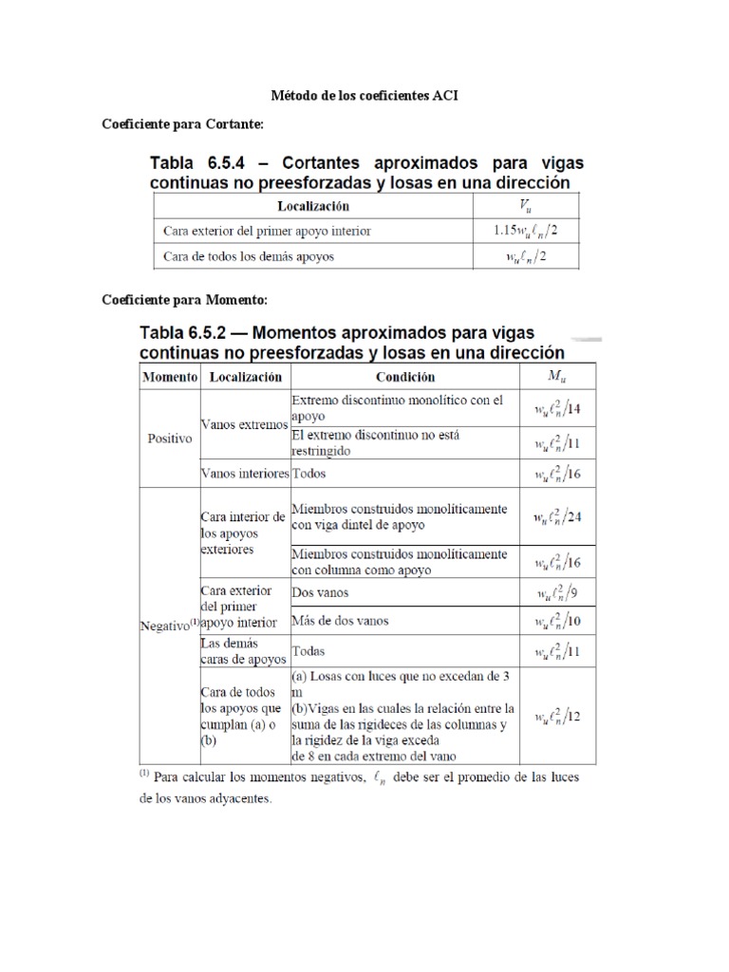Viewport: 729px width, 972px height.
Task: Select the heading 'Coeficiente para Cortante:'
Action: (x=181, y=124)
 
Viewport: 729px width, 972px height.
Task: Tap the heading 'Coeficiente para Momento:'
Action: (x=184, y=300)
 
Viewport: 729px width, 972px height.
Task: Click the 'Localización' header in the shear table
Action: (x=313, y=205)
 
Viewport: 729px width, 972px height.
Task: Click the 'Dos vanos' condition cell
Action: (x=321, y=592)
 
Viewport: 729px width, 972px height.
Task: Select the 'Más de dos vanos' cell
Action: (x=340, y=621)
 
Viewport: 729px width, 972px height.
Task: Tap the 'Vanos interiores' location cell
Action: (x=244, y=472)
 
